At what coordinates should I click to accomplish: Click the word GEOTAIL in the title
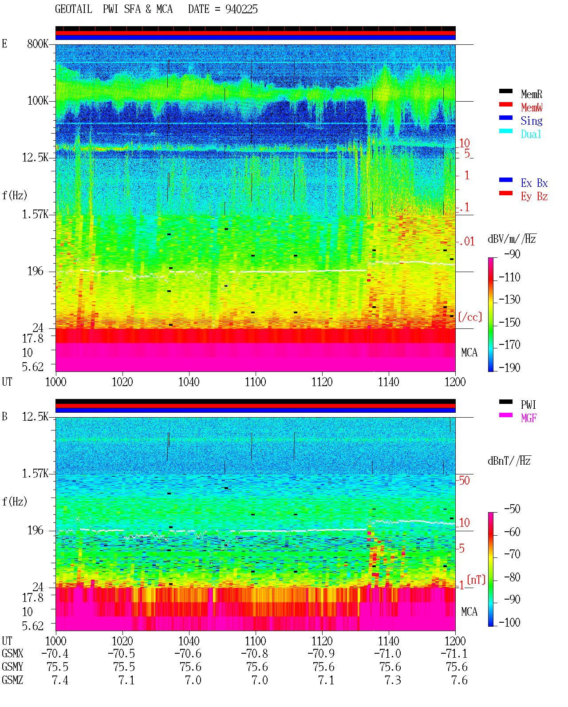(74, 9)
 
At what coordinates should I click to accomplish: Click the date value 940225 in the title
(241, 9)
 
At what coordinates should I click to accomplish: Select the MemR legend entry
(532, 94)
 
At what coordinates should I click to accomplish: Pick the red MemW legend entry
(532, 107)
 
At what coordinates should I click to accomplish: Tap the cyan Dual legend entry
(531, 134)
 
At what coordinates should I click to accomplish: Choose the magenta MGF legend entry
(529, 418)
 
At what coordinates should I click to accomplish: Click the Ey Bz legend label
(534, 197)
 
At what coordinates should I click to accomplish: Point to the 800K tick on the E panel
(38, 43)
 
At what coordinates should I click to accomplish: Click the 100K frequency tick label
(38, 101)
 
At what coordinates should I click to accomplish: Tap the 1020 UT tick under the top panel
(122, 382)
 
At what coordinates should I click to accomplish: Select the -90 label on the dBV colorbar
(512, 254)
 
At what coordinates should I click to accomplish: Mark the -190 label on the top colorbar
(509, 367)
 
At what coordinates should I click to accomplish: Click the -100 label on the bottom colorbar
(509, 622)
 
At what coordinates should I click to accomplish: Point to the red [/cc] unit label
(470, 317)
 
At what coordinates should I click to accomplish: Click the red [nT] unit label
(476, 580)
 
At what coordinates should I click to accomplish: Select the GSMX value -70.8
(255, 654)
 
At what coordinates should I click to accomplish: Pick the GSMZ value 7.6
(459, 680)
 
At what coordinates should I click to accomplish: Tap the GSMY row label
(12, 667)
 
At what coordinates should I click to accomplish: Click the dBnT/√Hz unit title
(509, 461)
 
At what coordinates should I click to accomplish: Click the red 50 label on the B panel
(464, 481)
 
